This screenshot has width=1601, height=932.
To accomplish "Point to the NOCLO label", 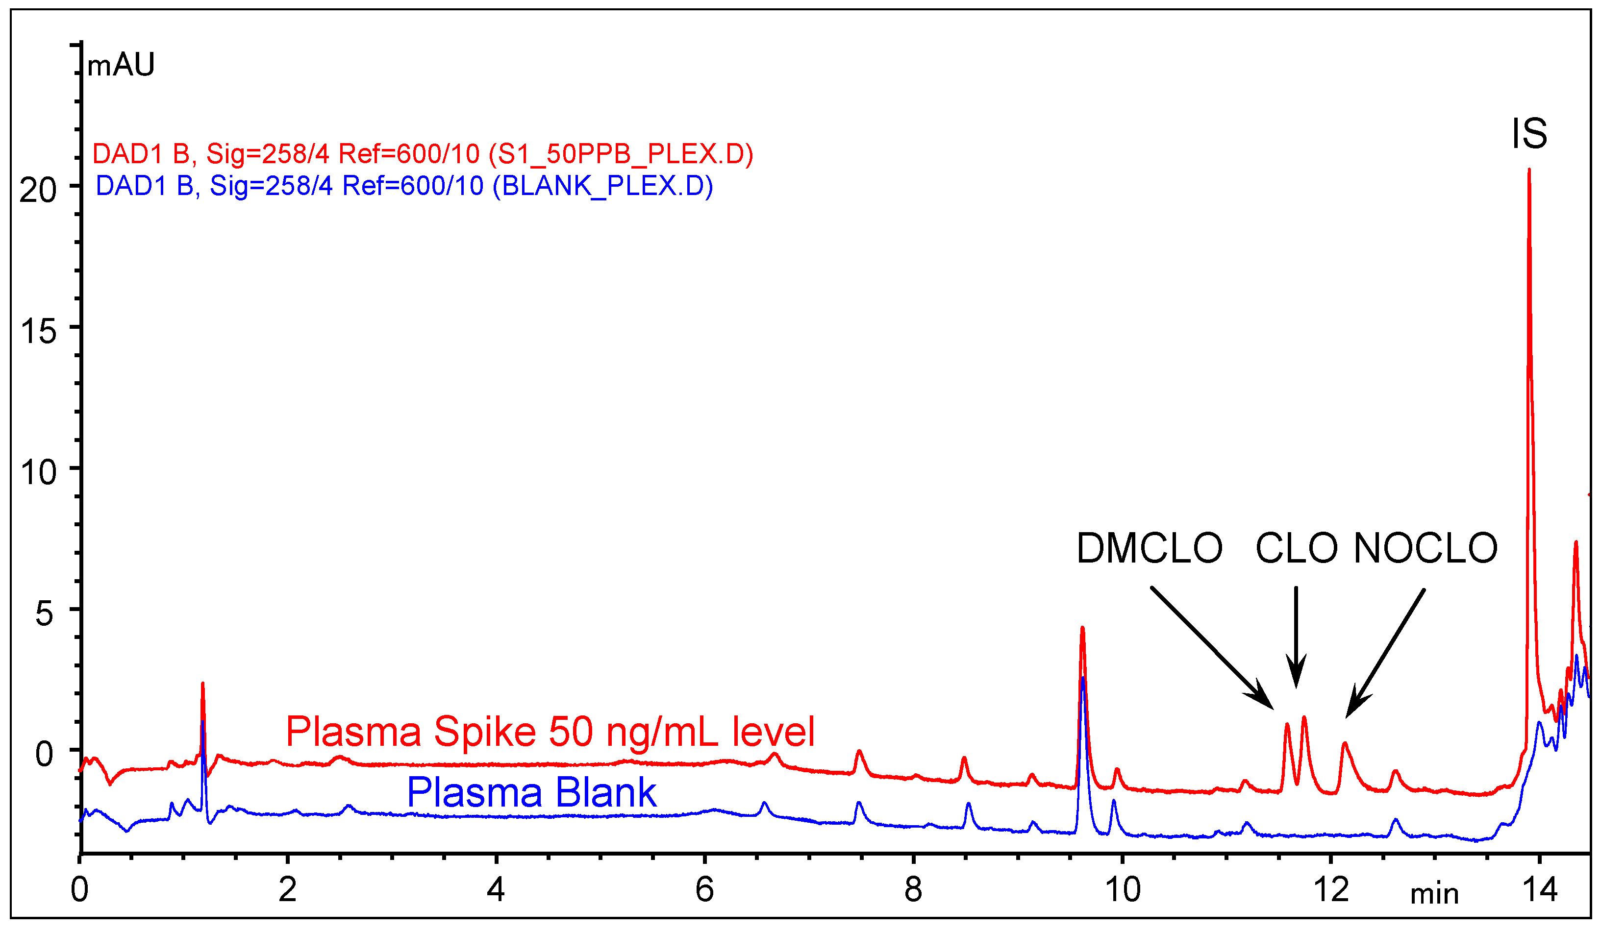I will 1425,548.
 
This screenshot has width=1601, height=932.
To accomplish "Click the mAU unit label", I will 121,65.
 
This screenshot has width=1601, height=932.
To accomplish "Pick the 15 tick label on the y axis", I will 38,331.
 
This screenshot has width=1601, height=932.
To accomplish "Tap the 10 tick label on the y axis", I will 38,473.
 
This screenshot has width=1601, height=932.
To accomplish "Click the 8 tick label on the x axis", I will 913,890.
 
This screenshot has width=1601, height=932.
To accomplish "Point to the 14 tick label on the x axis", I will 1539,890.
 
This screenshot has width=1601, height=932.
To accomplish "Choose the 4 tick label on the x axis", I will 496,890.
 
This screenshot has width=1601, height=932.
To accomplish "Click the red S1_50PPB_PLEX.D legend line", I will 423,154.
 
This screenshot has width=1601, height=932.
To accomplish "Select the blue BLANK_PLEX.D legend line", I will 404,186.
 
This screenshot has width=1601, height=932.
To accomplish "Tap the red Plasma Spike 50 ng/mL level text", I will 550,732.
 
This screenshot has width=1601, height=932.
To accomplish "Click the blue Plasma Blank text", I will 531,792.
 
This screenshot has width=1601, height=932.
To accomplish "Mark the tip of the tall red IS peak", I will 1528,170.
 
